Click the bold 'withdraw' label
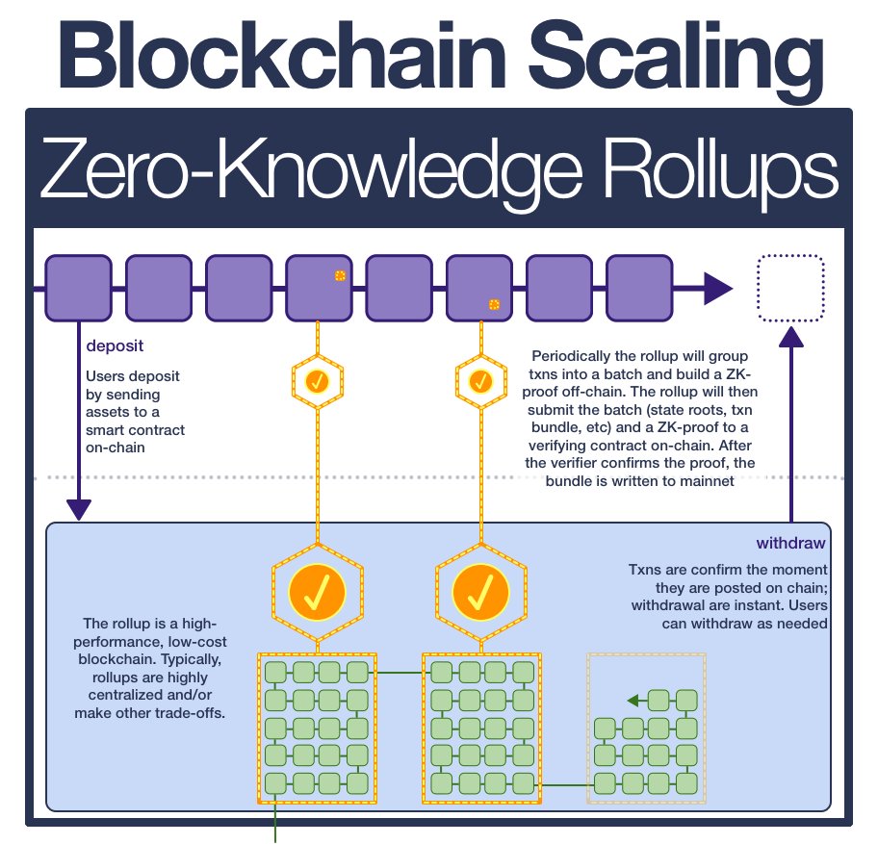[792, 543]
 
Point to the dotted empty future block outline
[792, 288]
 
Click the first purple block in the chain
[79, 288]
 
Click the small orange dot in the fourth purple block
[340, 276]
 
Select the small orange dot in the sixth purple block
[494, 304]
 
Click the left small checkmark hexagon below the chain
[318, 381]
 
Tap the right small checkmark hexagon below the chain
[479, 381]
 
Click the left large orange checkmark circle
[318, 588]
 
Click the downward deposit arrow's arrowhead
[78, 509]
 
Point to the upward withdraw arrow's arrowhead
[791, 336]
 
